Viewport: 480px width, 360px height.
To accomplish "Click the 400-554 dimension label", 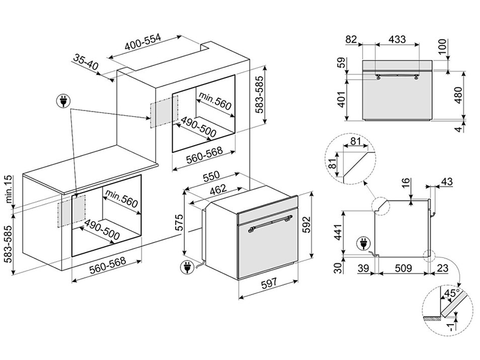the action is click(x=143, y=42).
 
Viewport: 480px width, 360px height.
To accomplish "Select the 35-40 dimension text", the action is click(x=86, y=62).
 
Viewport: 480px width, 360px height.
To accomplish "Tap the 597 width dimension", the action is click(x=269, y=284).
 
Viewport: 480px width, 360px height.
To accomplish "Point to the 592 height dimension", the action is click(x=306, y=224).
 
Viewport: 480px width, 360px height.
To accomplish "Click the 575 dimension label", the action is click(x=179, y=223).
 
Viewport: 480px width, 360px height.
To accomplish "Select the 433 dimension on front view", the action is click(x=397, y=39).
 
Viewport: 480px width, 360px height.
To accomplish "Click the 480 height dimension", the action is click(x=458, y=95).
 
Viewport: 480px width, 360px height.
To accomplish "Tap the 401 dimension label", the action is click(x=341, y=99).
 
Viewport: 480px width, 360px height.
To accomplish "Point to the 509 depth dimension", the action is click(x=403, y=268).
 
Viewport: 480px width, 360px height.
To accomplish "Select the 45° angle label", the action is click(x=452, y=293).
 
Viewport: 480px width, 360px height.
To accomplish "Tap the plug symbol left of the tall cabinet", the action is click(x=63, y=101).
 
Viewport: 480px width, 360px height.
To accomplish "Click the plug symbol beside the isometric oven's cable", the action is click(x=187, y=266).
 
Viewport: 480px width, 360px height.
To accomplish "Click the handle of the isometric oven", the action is click(x=269, y=223).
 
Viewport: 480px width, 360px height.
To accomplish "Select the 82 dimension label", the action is click(x=351, y=40).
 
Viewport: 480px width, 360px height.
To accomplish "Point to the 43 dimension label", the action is click(x=446, y=182).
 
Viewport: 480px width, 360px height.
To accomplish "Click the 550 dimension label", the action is click(x=211, y=176).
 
